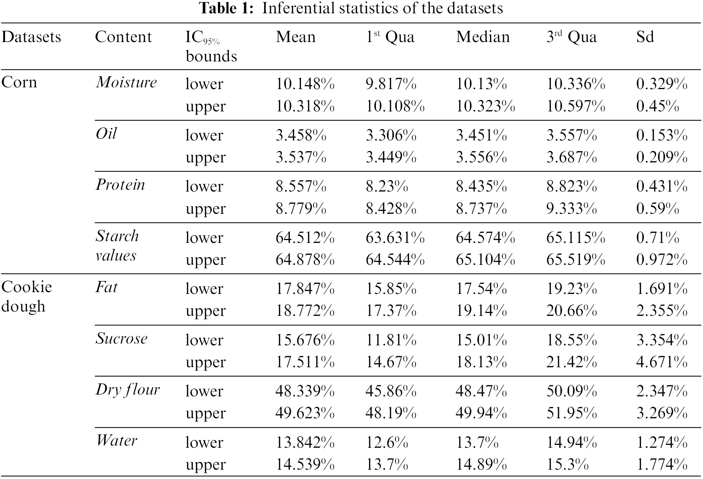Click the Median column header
[x=483, y=37]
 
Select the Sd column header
[x=645, y=37]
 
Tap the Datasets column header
[x=31, y=37]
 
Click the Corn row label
[x=19, y=82]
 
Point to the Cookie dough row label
[x=27, y=296]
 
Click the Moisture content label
[x=126, y=82]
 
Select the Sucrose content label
[x=121, y=338]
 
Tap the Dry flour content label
[x=127, y=390]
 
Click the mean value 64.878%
[x=305, y=259]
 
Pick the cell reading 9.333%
[x=572, y=208]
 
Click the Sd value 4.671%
[x=662, y=362]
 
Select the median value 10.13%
[x=481, y=84]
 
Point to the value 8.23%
[x=387, y=186]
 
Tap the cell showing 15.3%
[x=567, y=464]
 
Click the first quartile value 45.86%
[x=391, y=391]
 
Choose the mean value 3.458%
[x=301, y=135]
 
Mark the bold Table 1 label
[x=227, y=8]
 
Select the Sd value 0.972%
[x=662, y=259]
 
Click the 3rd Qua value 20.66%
[x=572, y=310]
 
